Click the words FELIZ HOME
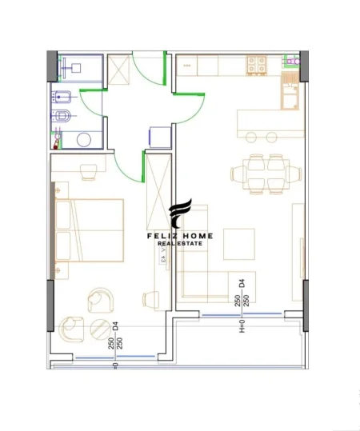click(x=182, y=236)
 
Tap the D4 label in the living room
click(x=241, y=282)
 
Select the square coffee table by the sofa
click(x=238, y=243)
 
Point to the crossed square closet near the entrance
click(x=121, y=70)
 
